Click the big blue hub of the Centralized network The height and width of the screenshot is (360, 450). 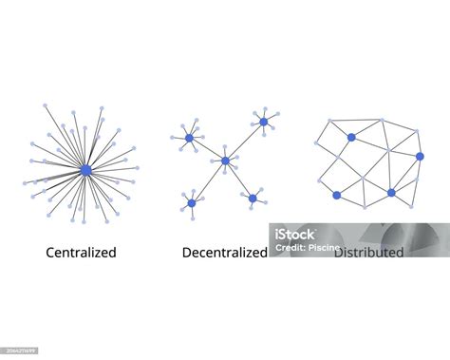[x=85, y=170]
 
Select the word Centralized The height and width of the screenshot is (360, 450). [x=82, y=253]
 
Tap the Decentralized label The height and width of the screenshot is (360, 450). [x=224, y=253]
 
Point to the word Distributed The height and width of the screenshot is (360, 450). [x=368, y=253]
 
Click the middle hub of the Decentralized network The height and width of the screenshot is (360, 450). [x=225, y=161]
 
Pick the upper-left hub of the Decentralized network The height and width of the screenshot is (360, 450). [x=189, y=138]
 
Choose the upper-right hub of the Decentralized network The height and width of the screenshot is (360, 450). [x=264, y=122]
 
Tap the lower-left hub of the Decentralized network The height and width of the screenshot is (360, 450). [x=191, y=202]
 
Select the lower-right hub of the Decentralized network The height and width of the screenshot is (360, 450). [x=253, y=198]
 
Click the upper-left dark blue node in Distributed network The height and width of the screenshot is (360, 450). [x=351, y=137]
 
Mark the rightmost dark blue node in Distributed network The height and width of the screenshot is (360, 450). [x=420, y=156]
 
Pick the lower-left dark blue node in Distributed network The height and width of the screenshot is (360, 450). [x=336, y=195]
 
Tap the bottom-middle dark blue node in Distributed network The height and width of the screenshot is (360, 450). [x=391, y=192]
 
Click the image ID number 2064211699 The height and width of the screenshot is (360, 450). [x=20, y=351]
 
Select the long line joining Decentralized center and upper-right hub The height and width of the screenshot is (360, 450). [x=245, y=141]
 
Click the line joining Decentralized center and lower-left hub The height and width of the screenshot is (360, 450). [x=208, y=181]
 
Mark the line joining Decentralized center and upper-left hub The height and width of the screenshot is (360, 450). [x=207, y=149]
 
